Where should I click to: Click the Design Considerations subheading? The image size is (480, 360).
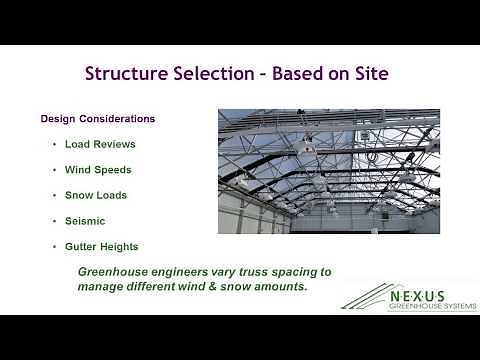pos(97,118)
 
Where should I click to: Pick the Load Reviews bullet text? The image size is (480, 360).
pos(100,144)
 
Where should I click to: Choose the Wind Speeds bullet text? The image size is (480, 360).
pos(98,170)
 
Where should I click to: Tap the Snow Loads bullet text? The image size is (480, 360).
pos(96,195)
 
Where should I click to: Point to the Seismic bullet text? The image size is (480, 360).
pos(85,221)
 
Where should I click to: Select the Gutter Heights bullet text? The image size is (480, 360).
pos(102,246)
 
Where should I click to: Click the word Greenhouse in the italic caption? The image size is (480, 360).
pos(116,271)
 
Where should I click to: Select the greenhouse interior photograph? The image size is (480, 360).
pos(328,171)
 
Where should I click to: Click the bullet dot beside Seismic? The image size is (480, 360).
pos(54,221)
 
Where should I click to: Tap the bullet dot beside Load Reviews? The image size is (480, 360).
pos(54,144)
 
